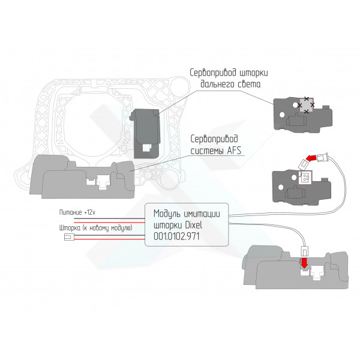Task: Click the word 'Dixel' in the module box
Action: click(194, 225)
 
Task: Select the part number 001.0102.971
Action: click(176, 236)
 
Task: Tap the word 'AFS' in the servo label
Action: click(234, 151)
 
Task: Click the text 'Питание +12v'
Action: click(77, 212)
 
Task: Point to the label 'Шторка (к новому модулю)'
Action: click(96, 228)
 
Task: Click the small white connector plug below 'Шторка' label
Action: click(67, 237)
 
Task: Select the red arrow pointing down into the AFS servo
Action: click(304, 263)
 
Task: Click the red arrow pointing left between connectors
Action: click(311, 158)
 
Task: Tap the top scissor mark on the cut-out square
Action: click(306, 99)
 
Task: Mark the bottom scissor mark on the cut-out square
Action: click(306, 112)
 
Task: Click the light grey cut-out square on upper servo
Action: click(306, 105)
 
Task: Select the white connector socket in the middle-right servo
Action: click(305, 177)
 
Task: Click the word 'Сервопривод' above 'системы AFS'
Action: click(214, 139)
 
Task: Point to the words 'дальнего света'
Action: click(230, 84)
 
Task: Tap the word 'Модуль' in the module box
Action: click(167, 214)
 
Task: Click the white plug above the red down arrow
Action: click(304, 251)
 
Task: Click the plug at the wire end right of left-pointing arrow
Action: click(322, 157)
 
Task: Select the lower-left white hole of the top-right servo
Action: click(282, 115)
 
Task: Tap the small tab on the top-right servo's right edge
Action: click(326, 107)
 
